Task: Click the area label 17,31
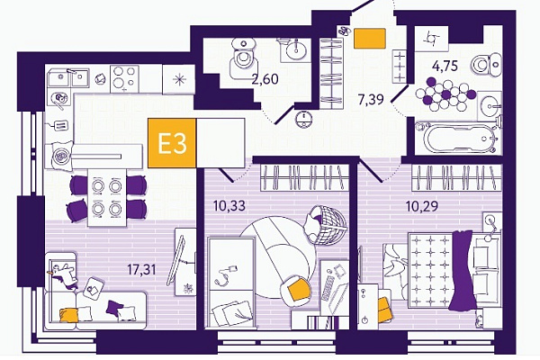[141, 270]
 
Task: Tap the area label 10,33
[229, 206]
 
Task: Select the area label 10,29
[422, 206]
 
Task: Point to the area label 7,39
[371, 100]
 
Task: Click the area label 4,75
[445, 66]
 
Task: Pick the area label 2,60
[265, 79]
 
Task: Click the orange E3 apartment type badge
[172, 143]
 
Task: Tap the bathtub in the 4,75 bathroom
[457, 138]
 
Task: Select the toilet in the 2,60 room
[244, 57]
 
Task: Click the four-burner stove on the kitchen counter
[124, 79]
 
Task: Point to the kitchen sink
[68, 77]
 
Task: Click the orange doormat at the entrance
[370, 38]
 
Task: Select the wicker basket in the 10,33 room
[325, 225]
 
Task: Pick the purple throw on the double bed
[463, 270]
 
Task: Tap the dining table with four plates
[106, 197]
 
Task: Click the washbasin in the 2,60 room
[295, 49]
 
